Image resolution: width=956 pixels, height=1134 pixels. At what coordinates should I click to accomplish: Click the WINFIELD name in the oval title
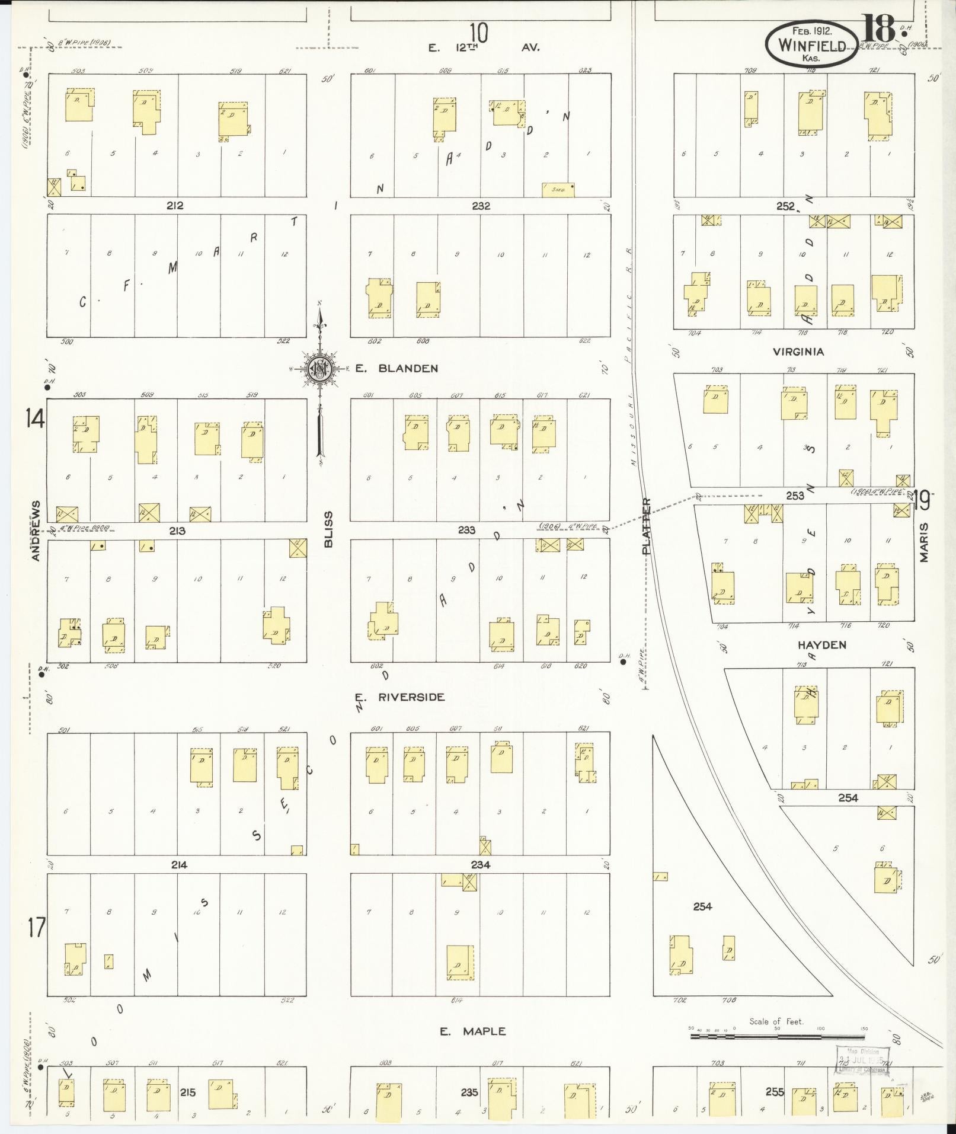point(811,44)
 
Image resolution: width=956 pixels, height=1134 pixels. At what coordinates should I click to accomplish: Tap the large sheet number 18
point(878,28)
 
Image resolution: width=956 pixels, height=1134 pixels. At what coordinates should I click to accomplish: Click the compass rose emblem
point(320,369)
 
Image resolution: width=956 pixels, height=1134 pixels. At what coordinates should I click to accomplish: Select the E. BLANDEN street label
point(397,368)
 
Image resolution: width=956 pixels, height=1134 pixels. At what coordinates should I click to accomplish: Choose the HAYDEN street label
point(821,645)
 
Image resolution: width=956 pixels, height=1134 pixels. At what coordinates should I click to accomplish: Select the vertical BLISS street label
point(329,529)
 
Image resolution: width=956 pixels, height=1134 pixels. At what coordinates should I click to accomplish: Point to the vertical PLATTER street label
point(647,526)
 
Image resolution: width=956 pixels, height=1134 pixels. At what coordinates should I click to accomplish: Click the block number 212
point(175,206)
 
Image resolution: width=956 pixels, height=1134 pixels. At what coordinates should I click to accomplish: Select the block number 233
point(466,530)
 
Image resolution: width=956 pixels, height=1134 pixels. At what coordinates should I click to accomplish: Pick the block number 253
point(795,496)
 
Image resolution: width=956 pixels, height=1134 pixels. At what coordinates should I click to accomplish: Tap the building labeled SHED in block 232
point(558,189)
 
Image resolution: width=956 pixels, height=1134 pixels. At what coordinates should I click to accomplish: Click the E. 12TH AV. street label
point(484,47)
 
